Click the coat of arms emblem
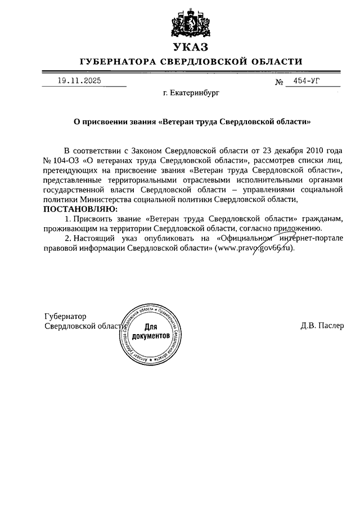[x=191, y=23]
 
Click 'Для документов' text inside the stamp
[x=150, y=331]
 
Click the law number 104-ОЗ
[x=67, y=161]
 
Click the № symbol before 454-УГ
[x=279, y=82]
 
